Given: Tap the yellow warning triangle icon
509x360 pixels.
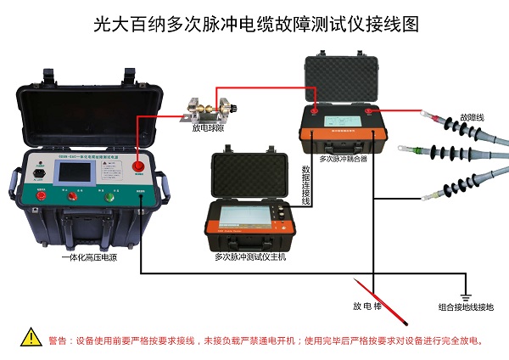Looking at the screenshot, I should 31,338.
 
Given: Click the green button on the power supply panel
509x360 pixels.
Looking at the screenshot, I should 108,196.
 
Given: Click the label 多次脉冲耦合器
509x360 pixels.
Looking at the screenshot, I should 344,159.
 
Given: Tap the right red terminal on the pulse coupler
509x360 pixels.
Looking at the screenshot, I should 372,108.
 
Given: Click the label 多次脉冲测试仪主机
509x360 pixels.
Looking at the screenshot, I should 250,256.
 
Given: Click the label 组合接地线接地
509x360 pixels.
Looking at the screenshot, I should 466,307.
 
